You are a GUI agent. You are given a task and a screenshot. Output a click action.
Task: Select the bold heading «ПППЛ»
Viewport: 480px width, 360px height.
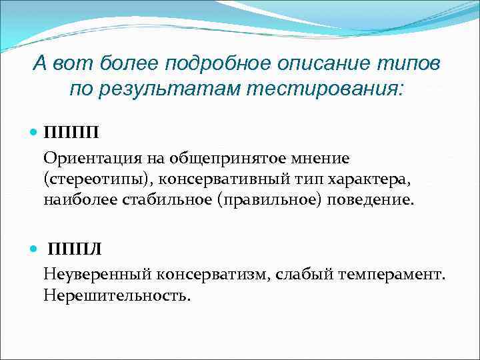coord(74,249)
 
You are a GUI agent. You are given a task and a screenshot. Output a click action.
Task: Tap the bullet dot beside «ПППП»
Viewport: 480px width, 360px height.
coord(35,132)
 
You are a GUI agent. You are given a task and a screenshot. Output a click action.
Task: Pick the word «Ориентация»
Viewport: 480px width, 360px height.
coord(85,159)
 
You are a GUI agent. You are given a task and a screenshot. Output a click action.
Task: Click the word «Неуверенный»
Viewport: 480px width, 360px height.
coord(97,275)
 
